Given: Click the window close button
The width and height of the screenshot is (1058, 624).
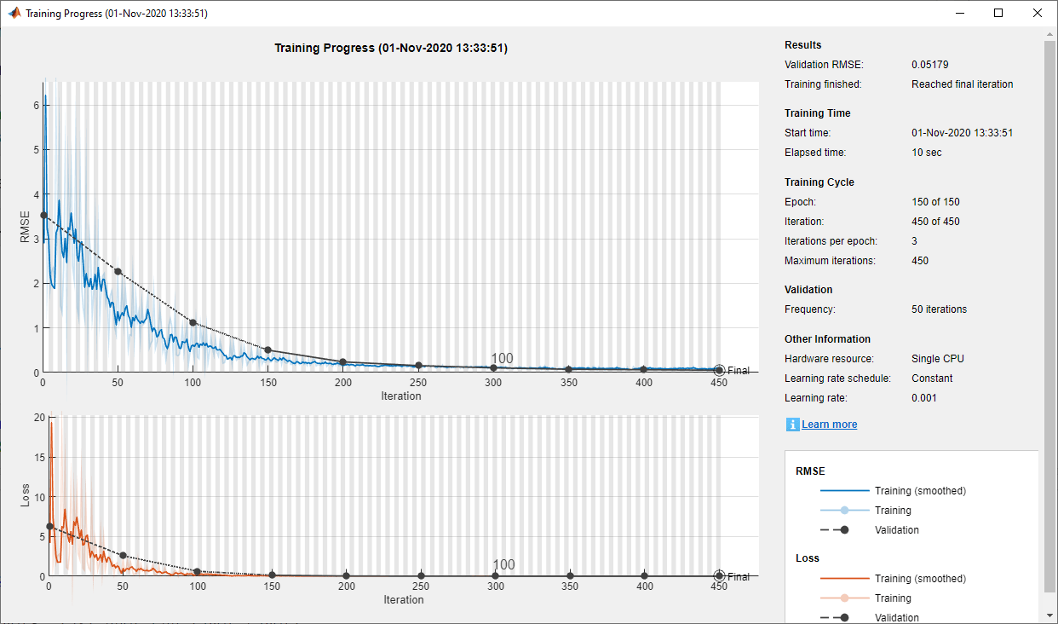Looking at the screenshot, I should coord(1037,13).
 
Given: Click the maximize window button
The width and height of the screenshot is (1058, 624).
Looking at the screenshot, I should coord(998,13).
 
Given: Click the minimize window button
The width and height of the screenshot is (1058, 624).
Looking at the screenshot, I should coord(959,13).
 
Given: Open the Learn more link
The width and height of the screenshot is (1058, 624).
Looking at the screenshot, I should coord(829,425).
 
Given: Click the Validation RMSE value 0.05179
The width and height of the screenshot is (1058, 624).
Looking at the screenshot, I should coord(930,65).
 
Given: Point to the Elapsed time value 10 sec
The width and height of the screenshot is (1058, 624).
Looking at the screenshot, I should coord(927,153).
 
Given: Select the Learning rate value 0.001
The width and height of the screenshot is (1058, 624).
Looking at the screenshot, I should coord(924,398).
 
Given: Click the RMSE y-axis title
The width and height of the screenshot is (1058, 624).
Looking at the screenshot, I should coord(25,227).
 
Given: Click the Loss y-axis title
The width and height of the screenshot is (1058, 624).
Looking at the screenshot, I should coord(25,496).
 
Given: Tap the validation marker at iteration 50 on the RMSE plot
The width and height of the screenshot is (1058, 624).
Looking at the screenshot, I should coord(118,272).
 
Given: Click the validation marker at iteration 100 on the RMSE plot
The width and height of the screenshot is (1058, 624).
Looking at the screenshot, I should coord(193,323).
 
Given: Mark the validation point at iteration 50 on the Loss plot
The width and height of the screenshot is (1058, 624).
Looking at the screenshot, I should coord(123,555).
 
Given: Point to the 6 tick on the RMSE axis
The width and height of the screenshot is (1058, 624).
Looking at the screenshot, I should coord(35,105).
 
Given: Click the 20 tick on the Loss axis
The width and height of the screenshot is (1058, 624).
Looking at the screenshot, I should coord(37,417).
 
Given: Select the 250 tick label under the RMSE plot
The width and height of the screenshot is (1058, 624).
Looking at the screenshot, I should coord(418,384).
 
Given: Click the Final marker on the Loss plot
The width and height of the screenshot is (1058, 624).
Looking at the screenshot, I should coord(719,576).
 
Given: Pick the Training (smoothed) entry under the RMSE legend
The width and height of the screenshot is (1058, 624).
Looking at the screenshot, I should coord(920,491).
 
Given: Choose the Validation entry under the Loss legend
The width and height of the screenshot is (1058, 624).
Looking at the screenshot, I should coord(897,618).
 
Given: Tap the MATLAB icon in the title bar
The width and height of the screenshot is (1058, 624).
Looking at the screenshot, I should coord(14,14).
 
